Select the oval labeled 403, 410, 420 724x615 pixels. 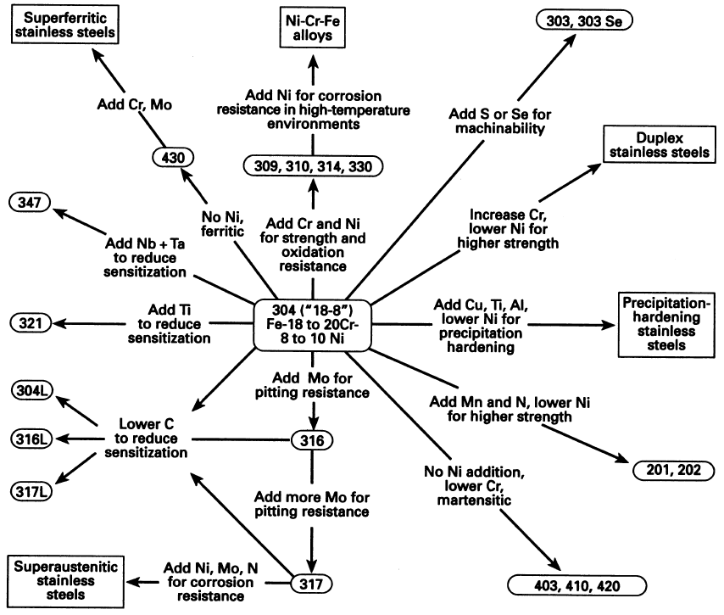pyautogui.click(x=576, y=585)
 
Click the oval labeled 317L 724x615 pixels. pyautogui.click(x=33, y=490)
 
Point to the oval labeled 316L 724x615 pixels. pyautogui.click(x=33, y=440)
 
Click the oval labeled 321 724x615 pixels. pyautogui.click(x=28, y=322)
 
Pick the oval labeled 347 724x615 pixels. pyautogui.click(x=28, y=203)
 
